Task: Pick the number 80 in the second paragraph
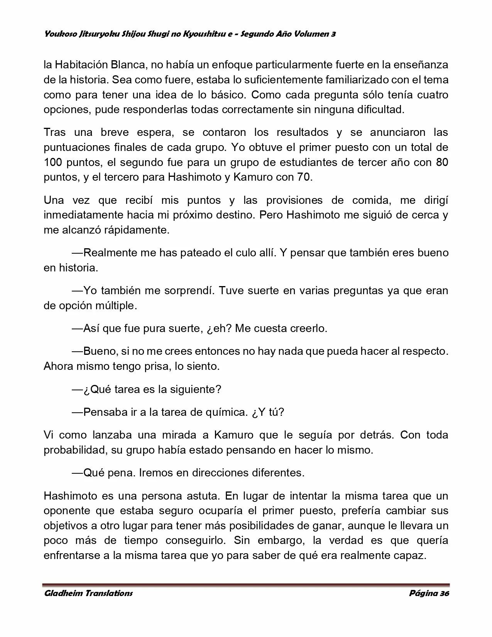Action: point(442,162)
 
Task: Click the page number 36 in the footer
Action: point(444,593)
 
